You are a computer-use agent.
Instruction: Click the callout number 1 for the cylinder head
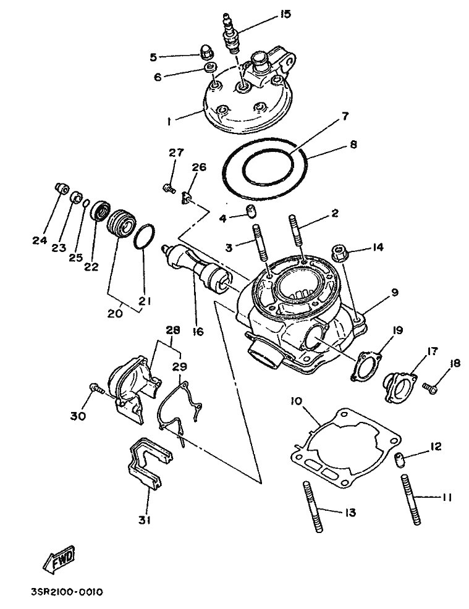(x=169, y=122)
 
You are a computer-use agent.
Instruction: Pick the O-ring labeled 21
(x=145, y=238)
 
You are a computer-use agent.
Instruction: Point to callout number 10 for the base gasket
(x=297, y=401)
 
